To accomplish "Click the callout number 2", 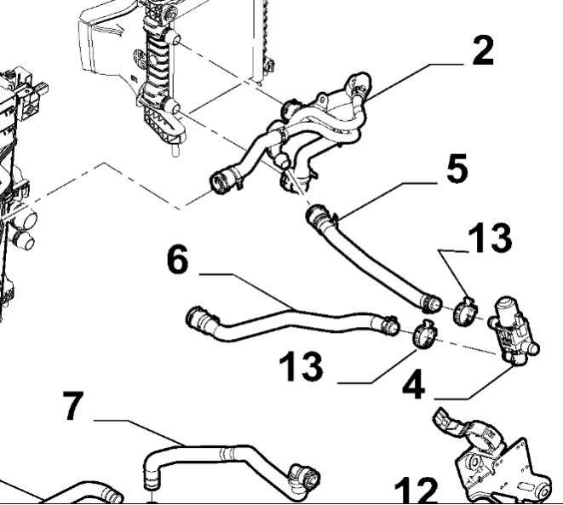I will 482,52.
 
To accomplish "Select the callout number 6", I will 176,259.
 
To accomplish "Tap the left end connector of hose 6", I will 197,319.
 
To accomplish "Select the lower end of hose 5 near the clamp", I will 428,301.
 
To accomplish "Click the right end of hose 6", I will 387,324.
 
